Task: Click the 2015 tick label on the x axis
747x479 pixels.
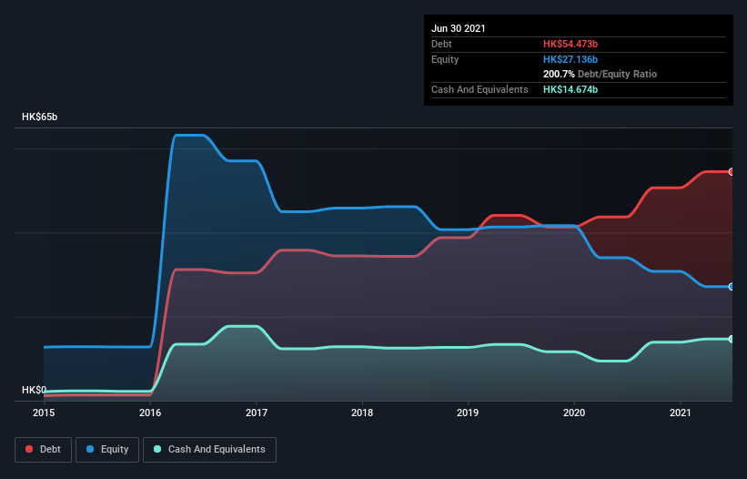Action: point(44,413)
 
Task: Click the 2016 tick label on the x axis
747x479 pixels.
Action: point(150,413)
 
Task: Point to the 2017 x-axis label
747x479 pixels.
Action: point(257,413)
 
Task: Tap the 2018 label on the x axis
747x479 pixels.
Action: point(362,413)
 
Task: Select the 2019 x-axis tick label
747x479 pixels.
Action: point(469,413)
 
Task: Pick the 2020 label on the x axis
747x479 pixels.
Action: point(575,413)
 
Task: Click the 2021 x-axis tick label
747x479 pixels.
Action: point(681,413)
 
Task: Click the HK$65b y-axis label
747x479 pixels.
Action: point(40,117)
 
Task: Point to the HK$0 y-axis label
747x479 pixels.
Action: point(34,390)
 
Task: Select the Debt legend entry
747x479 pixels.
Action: point(43,449)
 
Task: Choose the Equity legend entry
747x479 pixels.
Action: point(106,449)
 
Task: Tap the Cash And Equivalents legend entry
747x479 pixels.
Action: point(209,449)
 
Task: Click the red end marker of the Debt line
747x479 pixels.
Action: point(731,171)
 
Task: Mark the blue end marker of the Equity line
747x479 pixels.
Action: point(731,286)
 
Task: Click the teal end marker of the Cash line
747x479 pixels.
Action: point(731,339)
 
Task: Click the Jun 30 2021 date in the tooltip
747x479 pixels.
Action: point(459,28)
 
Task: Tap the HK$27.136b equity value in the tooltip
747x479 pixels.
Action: point(570,59)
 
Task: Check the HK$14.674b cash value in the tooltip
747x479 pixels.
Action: point(570,89)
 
